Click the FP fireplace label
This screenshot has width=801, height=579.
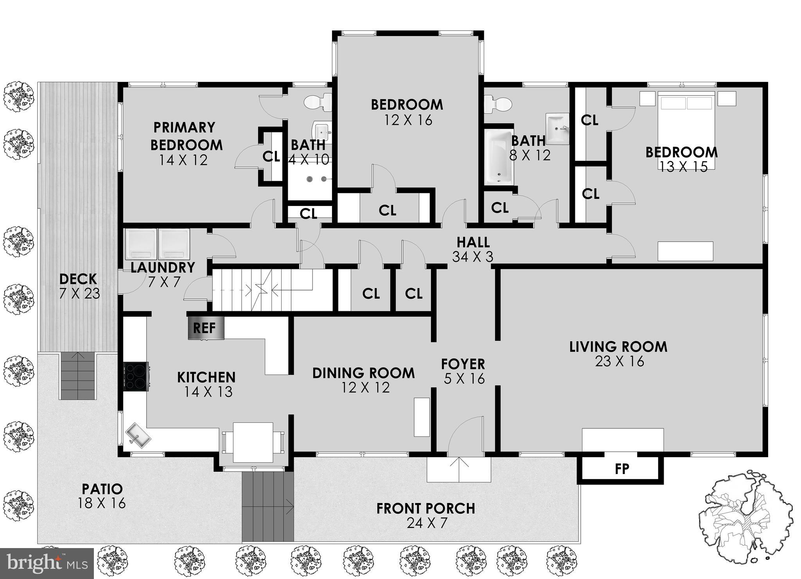621,469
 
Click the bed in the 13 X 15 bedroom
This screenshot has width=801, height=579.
686,129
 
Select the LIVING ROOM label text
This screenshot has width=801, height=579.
618,347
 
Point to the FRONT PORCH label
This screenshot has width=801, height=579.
426,509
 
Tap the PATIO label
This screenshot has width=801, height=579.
102,489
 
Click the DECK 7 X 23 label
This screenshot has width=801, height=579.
79,286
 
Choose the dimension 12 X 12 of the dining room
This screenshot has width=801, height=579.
365,388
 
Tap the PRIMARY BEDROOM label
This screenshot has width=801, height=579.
186,136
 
